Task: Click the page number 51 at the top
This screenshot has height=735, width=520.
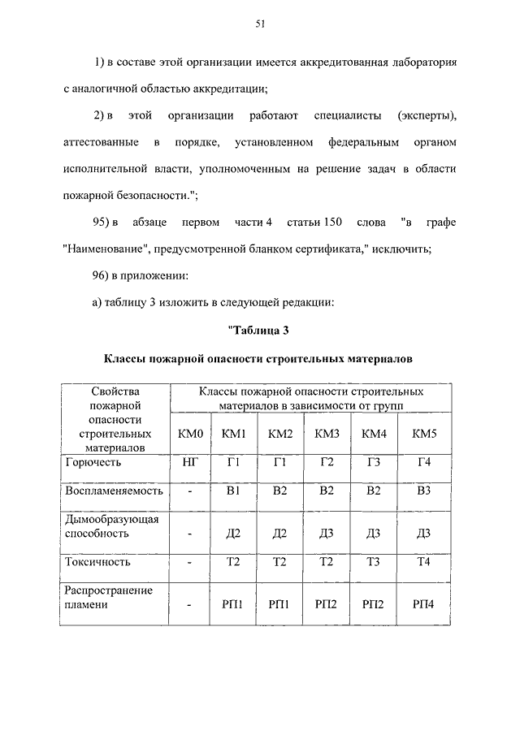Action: click(x=260, y=24)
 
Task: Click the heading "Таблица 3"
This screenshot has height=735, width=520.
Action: click(x=260, y=330)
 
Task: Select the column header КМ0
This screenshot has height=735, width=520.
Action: click(x=191, y=434)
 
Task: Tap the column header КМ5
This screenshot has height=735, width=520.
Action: click(x=424, y=434)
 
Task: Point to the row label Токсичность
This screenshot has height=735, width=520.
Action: click(x=97, y=561)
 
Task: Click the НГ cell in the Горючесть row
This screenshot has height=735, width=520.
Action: click(x=191, y=462)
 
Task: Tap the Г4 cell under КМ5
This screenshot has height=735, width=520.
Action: click(x=424, y=462)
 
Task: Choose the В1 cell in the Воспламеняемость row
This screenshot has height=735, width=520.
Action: click(x=234, y=491)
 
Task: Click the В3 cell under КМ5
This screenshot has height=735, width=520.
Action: click(x=424, y=491)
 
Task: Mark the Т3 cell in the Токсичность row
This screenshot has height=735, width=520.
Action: click(x=374, y=561)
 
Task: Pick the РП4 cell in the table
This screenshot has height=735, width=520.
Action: click(x=424, y=604)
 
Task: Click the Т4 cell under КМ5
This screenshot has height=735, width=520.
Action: click(x=424, y=561)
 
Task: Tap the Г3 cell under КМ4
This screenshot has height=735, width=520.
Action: click(x=374, y=462)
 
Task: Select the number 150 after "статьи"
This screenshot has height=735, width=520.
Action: click(x=340, y=223)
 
